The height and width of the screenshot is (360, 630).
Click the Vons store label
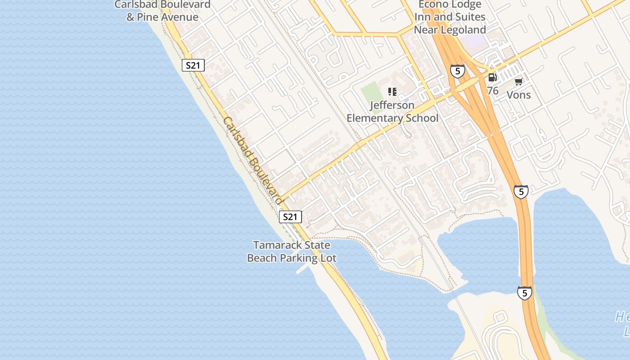(518, 95)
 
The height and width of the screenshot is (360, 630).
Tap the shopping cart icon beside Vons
(518, 81)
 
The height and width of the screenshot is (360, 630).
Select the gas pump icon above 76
(493, 78)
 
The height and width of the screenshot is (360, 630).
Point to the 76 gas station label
(493, 91)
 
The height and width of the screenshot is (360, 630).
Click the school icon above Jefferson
(392, 92)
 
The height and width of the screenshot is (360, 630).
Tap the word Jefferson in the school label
(392, 105)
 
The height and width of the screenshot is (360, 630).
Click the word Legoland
(463, 30)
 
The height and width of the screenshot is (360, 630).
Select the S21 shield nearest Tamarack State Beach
(290, 217)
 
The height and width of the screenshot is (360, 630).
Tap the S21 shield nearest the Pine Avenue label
(193, 65)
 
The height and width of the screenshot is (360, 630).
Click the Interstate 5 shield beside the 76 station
(457, 71)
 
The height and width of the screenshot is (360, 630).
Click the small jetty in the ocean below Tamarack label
(303, 269)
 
